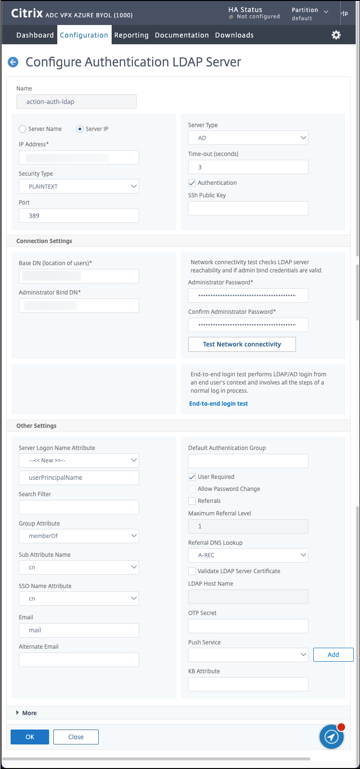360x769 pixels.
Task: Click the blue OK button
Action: (x=30, y=737)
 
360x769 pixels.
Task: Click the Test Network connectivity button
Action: (x=242, y=344)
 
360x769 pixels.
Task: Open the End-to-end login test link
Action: (x=219, y=404)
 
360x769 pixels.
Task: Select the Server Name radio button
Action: (x=23, y=129)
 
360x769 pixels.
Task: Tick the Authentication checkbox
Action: (x=192, y=183)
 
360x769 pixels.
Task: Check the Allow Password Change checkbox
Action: (x=192, y=489)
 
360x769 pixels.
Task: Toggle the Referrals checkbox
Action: (x=192, y=501)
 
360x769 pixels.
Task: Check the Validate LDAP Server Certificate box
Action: (x=192, y=571)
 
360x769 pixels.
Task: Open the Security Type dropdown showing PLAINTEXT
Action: (x=79, y=186)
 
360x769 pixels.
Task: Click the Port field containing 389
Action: (x=79, y=216)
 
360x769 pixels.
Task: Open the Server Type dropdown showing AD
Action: (x=248, y=138)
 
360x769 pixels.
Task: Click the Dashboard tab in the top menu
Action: (x=35, y=35)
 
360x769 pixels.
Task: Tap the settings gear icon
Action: (x=336, y=35)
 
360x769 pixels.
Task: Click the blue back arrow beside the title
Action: (x=13, y=62)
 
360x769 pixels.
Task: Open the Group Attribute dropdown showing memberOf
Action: (x=79, y=536)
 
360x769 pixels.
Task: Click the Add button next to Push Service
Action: (x=333, y=654)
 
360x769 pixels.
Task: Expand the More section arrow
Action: (x=18, y=713)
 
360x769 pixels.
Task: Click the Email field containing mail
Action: (x=79, y=630)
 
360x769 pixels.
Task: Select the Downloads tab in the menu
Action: (x=234, y=35)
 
